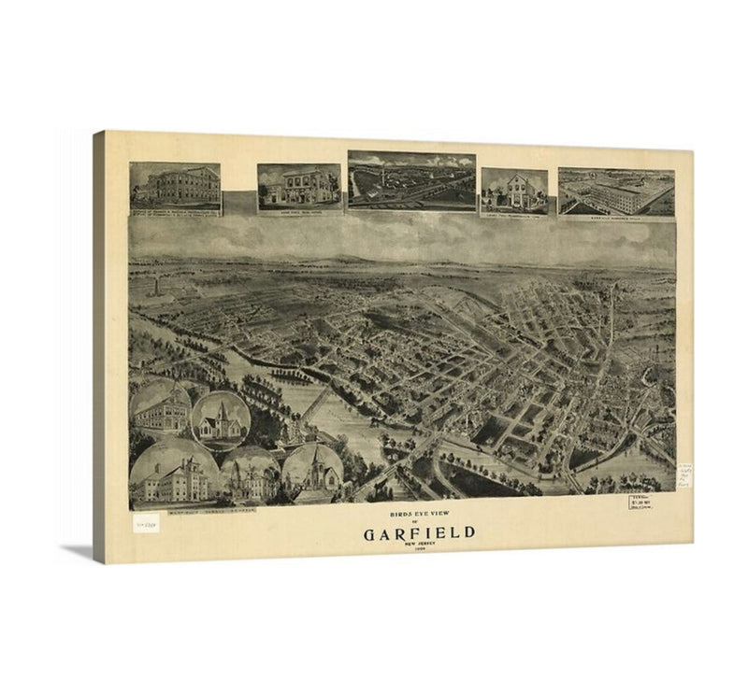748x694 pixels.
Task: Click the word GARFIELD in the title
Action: pos(419,533)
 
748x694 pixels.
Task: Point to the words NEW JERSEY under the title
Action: pos(418,545)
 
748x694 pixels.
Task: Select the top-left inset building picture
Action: pos(175,186)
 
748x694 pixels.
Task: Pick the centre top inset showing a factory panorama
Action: pos(411,180)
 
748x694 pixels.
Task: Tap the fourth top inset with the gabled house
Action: pos(513,191)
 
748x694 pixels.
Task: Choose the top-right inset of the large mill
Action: pos(616,191)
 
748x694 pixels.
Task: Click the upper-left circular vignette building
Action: pos(161,408)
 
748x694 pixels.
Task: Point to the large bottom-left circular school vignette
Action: pos(175,474)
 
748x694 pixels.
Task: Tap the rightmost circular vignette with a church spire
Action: pos(312,474)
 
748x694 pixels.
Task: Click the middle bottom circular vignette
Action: pos(251,476)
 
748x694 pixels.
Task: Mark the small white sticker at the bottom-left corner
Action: pos(146,526)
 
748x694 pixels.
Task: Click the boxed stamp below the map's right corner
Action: pos(640,503)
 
